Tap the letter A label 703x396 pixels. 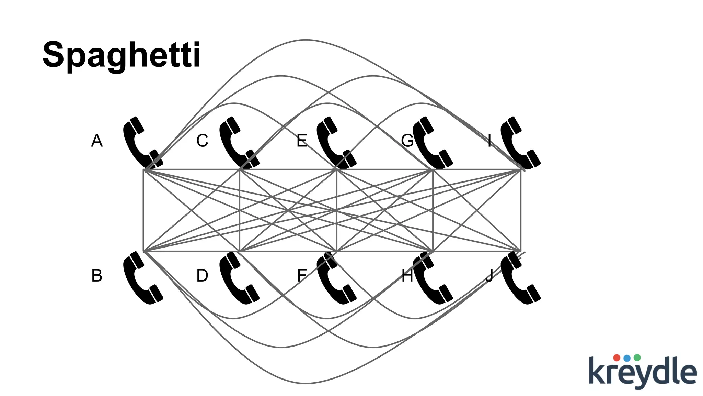coord(97,141)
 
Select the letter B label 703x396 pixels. coord(97,275)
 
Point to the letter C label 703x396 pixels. coord(202,141)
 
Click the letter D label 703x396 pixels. coord(202,275)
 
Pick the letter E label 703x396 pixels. coord(302,141)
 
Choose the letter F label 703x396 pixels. coord(302,275)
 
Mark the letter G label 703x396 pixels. coord(407,141)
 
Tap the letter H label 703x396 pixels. coord(407,275)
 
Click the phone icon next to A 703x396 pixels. coord(141,143)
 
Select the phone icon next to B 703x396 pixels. coord(141,278)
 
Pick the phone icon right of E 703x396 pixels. coord(335,143)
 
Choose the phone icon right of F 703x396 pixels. coord(335,278)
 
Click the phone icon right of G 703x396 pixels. coord(431,143)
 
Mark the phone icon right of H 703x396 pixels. coord(431,278)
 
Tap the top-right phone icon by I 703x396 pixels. coord(519,143)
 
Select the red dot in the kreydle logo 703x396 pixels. coord(616,357)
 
